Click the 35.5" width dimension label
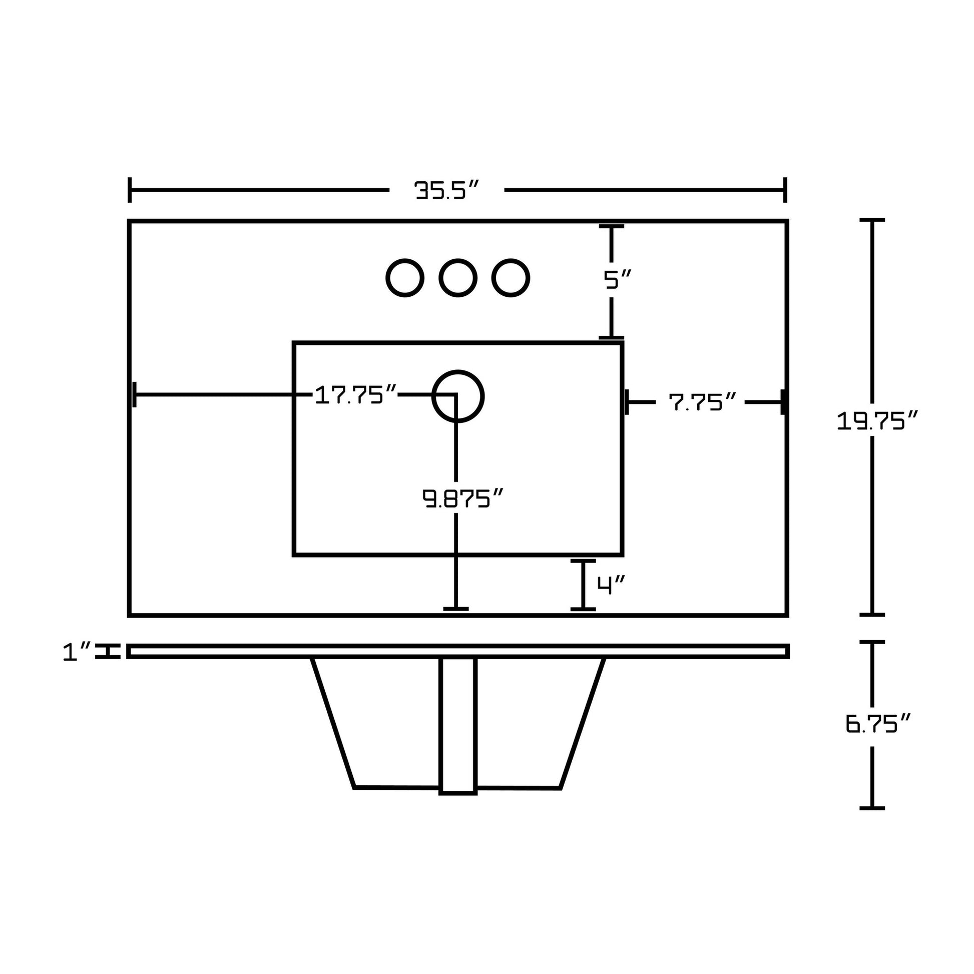[446, 191]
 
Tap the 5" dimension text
[618, 279]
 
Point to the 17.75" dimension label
[356, 395]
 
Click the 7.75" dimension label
[703, 402]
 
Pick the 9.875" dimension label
[463, 499]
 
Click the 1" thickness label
[77, 652]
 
